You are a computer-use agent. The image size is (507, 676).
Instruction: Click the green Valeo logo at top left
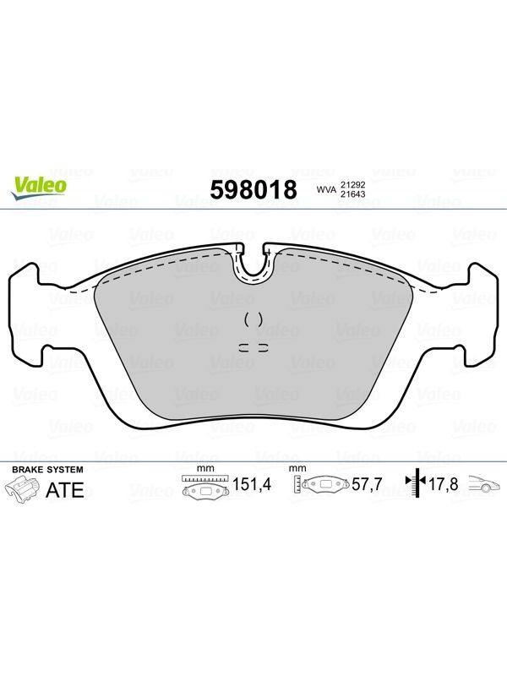click(39, 188)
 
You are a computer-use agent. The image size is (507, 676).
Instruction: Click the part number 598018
click(253, 189)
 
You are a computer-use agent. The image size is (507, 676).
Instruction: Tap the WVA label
click(326, 189)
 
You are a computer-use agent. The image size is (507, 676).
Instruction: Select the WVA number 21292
click(352, 184)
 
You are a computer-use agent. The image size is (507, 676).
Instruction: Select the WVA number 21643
click(352, 194)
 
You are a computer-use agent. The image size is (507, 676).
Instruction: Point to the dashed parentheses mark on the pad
click(253, 319)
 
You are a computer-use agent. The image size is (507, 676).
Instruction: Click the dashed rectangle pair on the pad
click(253, 347)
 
